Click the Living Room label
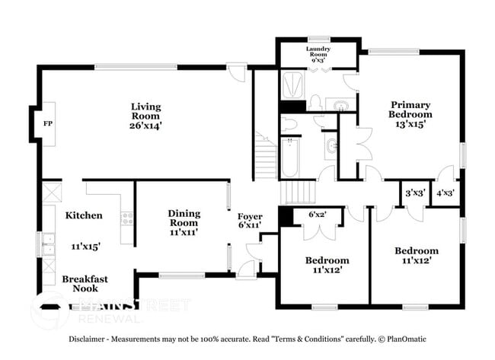pyautogui.click(x=145, y=107)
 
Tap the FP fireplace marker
pyautogui.click(x=47, y=123)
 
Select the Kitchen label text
pyautogui.click(x=83, y=215)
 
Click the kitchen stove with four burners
pyautogui.click(x=126, y=218)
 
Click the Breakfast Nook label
pyautogui.click(x=85, y=284)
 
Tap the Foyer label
pyautogui.click(x=250, y=216)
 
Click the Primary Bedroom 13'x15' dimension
pyautogui.click(x=410, y=123)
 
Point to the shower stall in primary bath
pyautogui.click(x=292, y=85)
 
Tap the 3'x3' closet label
pyautogui.click(x=415, y=193)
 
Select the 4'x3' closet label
pyautogui.click(x=444, y=193)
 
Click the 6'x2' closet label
pyautogui.click(x=316, y=215)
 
